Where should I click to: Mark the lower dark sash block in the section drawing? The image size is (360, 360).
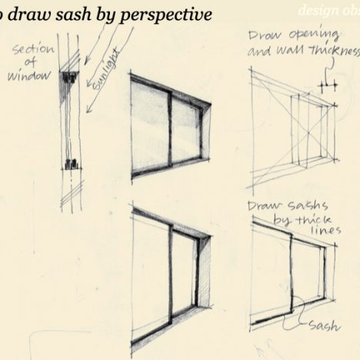click(x=70, y=164)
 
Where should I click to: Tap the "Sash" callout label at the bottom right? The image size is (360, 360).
click(x=323, y=325)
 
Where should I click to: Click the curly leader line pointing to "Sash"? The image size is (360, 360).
click(x=302, y=316)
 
